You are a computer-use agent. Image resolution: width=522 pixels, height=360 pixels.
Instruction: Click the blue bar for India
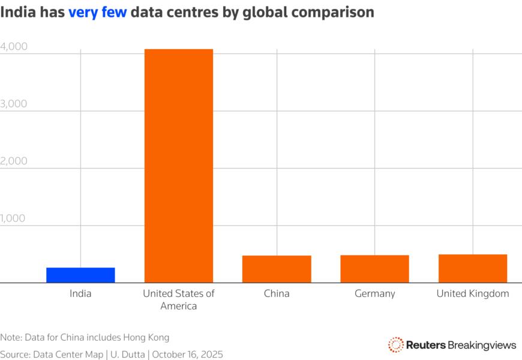click(80, 275)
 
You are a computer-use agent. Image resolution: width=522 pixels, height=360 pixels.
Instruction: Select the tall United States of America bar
click(178, 166)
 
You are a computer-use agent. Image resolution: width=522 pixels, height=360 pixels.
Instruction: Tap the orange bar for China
click(277, 269)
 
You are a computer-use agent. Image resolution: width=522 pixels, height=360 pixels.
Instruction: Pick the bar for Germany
click(374, 268)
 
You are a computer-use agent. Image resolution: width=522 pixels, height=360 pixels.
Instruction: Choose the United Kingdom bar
click(472, 268)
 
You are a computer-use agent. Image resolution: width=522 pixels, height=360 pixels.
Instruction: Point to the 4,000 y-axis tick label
click(14, 46)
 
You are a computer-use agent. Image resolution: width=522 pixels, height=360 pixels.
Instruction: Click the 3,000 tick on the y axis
click(14, 104)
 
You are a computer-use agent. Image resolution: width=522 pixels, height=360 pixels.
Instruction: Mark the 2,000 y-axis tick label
click(14, 161)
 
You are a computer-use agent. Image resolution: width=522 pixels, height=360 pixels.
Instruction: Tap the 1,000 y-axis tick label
click(14, 218)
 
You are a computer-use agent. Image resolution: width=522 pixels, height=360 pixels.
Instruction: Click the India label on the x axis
click(80, 293)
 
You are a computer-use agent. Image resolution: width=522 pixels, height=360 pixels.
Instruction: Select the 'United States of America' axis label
click(178, 299)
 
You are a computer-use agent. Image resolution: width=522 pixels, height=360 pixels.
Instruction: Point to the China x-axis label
click(277, 293)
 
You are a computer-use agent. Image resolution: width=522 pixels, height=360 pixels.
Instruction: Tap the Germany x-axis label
click(374, 293)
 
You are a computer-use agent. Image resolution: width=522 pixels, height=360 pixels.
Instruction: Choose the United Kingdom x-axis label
click(472, 293)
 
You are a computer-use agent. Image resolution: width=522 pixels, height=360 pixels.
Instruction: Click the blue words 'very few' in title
click(97, 13)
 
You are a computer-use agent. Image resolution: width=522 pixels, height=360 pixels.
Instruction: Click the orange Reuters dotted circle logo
click(395, 344)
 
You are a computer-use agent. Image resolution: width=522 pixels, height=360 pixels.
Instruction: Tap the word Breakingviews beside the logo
click(482, 344)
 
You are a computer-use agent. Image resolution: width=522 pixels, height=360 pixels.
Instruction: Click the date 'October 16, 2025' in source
click(187, 355)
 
